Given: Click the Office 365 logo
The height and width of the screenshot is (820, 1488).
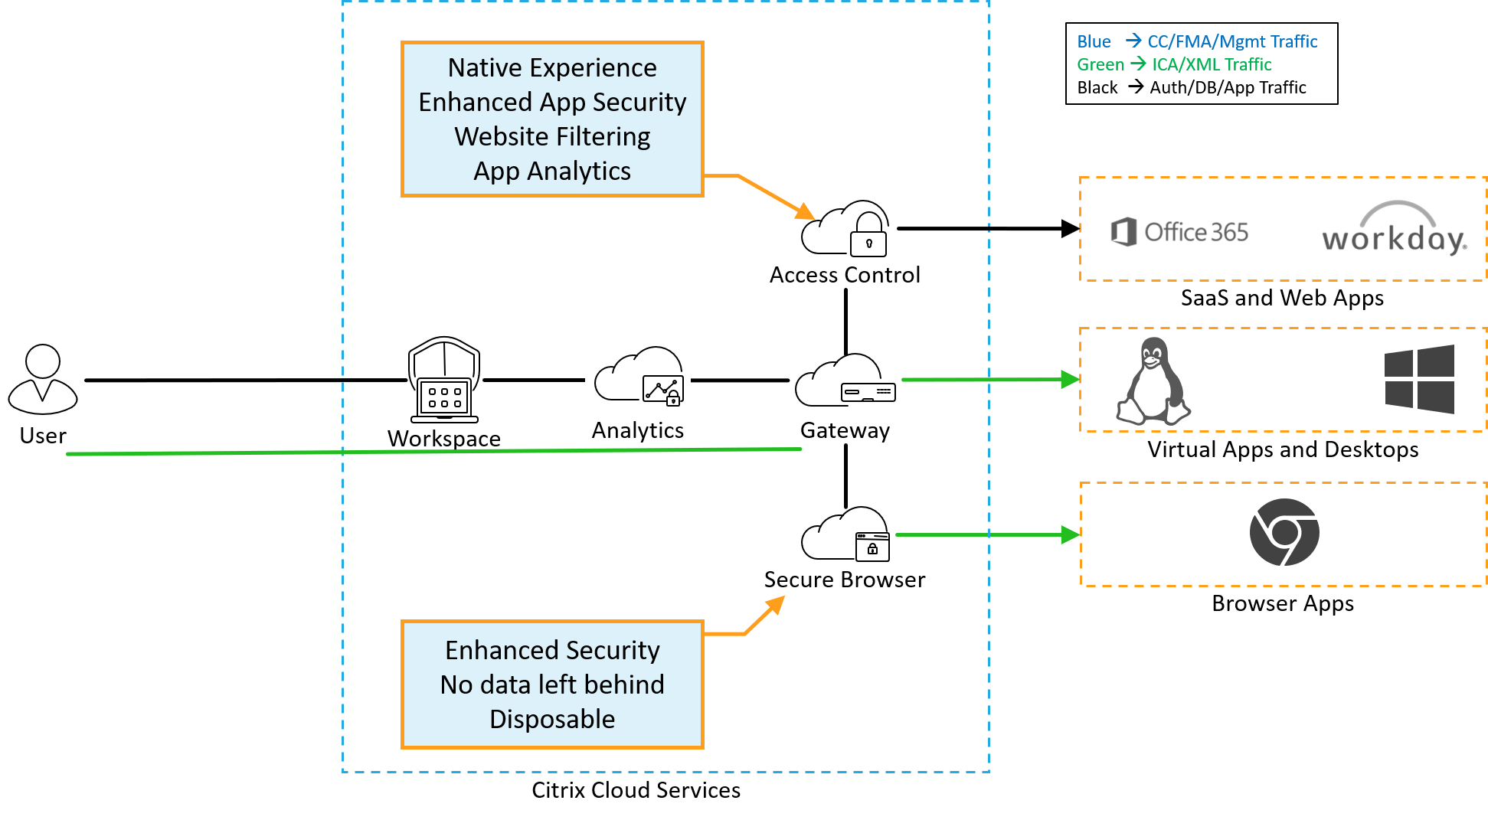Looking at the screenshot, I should pyautogui.click(x=1178, y=232).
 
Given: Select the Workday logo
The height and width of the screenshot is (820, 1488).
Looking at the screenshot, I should pyautogui.click(x=1395, y=224).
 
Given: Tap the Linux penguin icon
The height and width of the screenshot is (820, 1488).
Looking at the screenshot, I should pyautogui.click(x=1153, y=381).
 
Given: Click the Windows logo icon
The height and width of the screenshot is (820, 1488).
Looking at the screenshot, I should pyautogui.click(x=1419, y=379).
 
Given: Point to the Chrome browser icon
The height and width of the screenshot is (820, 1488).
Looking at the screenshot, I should pyautogui.click(x=1284, y=532).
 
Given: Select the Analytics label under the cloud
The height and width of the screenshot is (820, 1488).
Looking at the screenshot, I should pyautogui.click(x=637, y=430).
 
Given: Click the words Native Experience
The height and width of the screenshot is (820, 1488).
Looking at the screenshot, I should pyautogui.click(x=552, y=68).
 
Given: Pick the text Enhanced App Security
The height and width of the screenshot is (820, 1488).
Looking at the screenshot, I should pyautogui.click(x=552, y=103).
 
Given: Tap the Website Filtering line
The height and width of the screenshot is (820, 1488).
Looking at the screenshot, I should pyautogui.click(x=552, y=137).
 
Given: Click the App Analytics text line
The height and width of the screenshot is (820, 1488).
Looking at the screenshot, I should pyautogui.click(x=552, y=172).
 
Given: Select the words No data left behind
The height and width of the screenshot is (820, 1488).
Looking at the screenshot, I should pyautogui.click(x=552, y=684).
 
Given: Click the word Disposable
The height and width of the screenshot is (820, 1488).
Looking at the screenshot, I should pyautogui.click(x=552, y=719).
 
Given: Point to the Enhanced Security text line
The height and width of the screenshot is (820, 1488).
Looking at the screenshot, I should pyautogui.click(x=552, y=650).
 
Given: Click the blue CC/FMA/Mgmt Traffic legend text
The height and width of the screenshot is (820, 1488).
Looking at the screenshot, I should pyautogui.click(x=1231, y=41).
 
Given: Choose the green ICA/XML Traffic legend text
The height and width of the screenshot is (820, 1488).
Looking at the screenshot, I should pyautogui.click(x=1212, y=64).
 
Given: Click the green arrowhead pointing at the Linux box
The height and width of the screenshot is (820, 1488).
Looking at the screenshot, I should pyautogui.click(x=1070, y=379).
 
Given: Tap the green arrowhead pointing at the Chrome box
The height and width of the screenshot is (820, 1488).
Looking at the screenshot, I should pyautogui.click(x=1070, y=534).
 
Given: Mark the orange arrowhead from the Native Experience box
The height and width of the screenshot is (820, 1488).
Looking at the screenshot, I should pyautogui.click(x=806, y=212).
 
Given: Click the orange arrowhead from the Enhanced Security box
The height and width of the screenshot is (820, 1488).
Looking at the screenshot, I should pyautogui.click(x=777, y=604).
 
